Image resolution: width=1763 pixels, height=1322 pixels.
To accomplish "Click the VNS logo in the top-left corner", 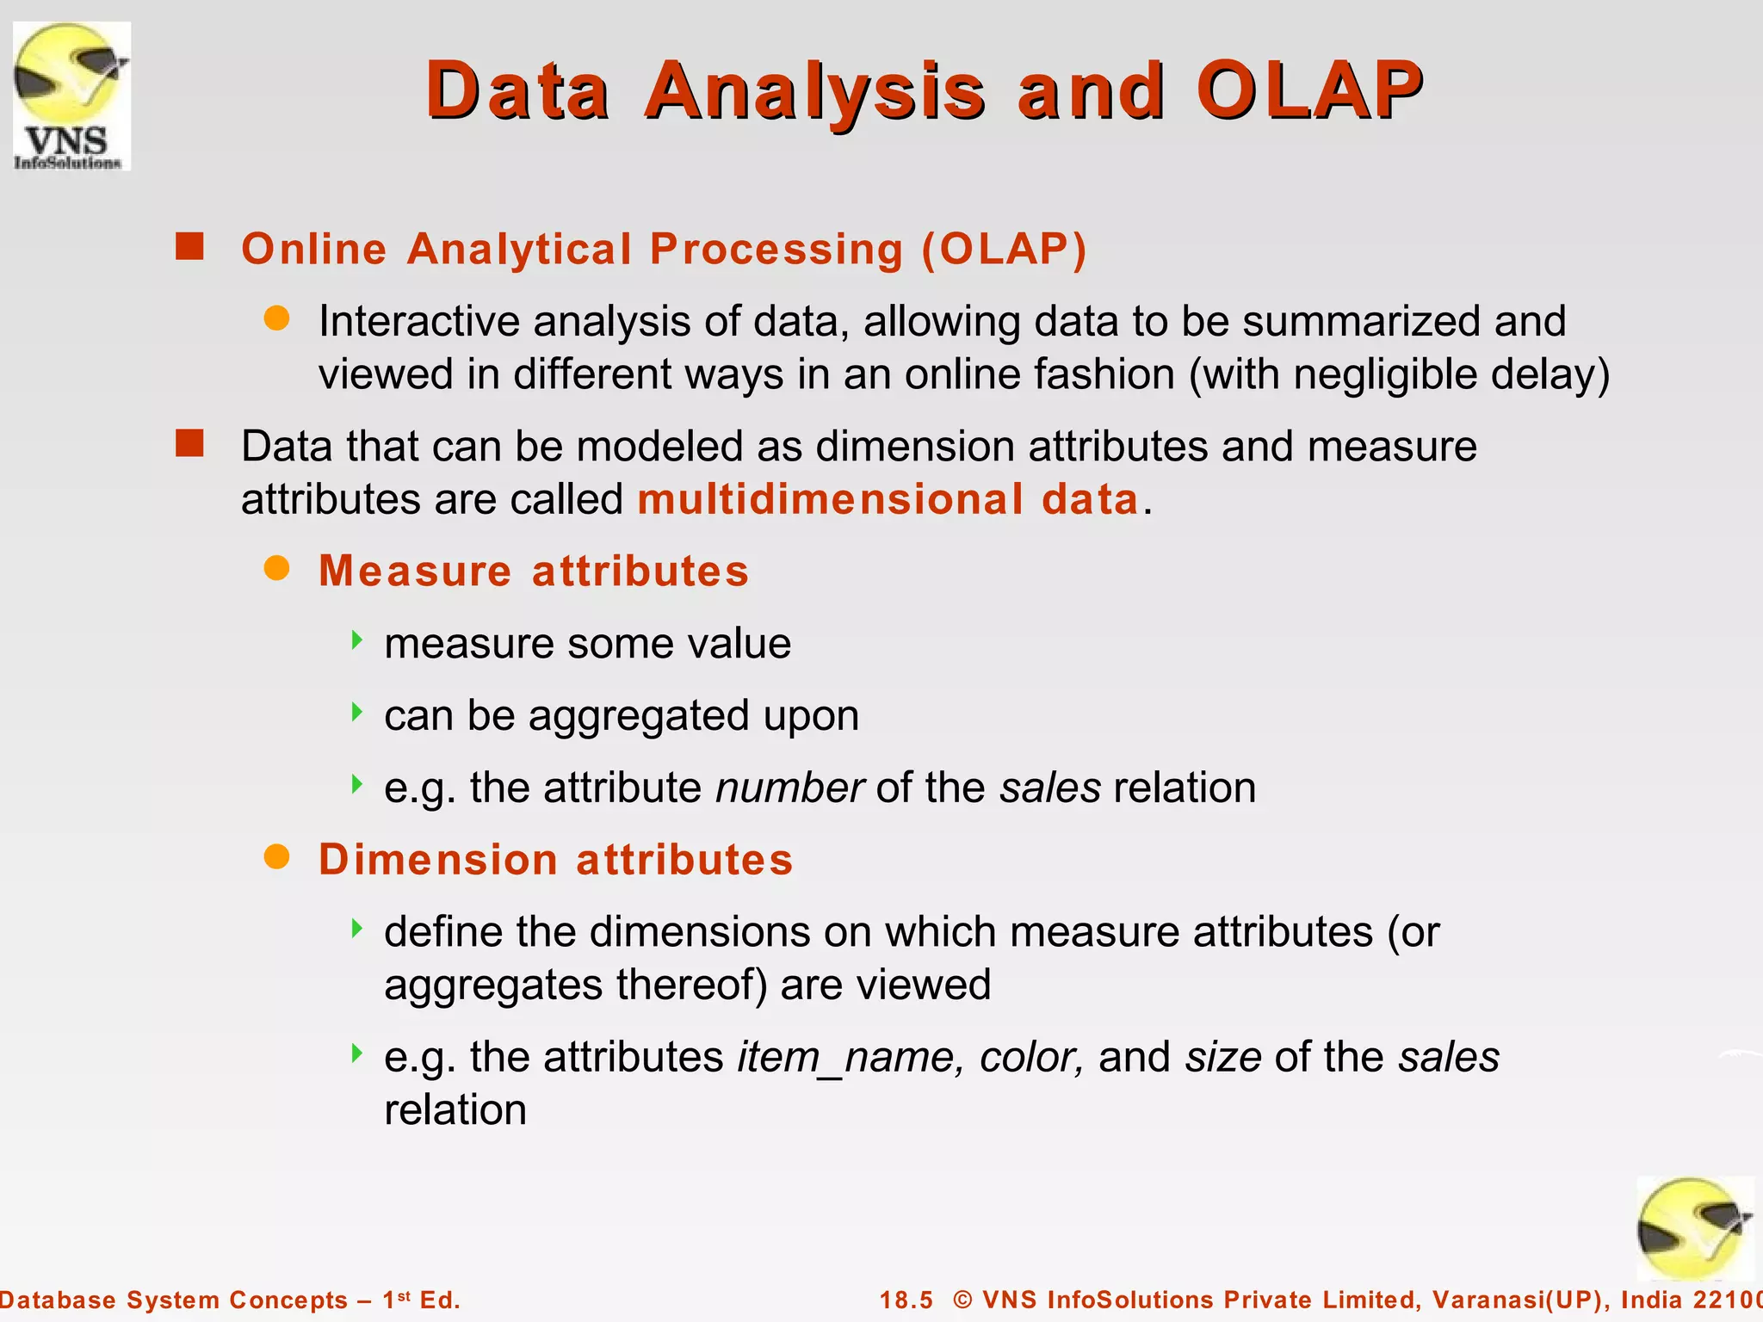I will click(x=71, y=96).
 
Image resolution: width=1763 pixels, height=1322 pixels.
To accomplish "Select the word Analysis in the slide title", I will click(x=814, y=91).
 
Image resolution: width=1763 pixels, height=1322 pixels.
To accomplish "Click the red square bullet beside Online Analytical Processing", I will click(x=189, y=246).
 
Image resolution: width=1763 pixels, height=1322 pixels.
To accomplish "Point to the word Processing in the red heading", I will click(x=776, y=250).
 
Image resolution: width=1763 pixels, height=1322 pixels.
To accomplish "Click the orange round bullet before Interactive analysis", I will click(x=276, y=318).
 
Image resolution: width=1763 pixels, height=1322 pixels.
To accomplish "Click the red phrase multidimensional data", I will click(x=888, y=499).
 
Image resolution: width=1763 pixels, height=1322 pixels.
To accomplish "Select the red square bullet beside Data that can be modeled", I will click(x=189, y=444).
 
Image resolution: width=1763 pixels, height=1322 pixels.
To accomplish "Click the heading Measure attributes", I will click(x=534, y=571).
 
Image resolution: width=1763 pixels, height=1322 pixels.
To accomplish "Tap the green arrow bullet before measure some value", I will click(x=356, y=639).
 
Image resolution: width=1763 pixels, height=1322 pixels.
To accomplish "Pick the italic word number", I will click(x=789, y=788).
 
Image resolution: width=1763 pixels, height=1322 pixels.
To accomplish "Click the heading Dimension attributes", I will click(x=555, y=860).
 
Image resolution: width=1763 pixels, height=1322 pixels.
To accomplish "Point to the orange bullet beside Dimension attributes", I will click(x=276, y=857).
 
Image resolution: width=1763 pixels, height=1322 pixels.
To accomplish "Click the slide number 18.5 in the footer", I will click(x=906, y=1300).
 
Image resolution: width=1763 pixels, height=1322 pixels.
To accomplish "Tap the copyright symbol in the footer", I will click(x=962, y=1300).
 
